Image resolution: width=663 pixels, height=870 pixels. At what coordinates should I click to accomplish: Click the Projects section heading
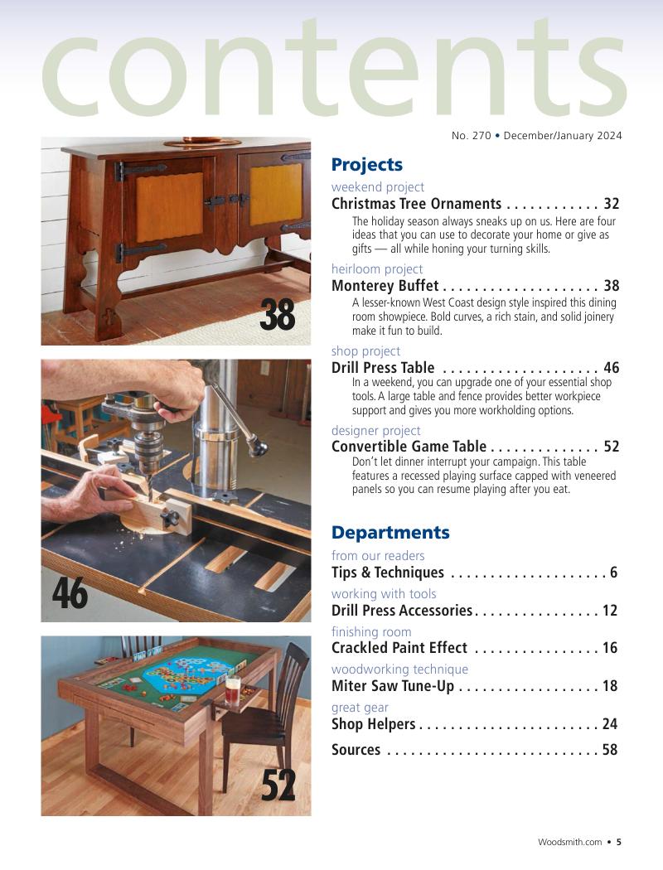click(x=366, y=164)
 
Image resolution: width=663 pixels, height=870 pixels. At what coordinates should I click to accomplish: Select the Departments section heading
click(x=390, y=532)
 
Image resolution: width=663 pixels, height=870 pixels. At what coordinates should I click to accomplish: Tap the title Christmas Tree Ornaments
click(x=416, y=204)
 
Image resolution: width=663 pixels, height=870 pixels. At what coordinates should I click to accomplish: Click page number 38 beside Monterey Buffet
click(x=612, y=286)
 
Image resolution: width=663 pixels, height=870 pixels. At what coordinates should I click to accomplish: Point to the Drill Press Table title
click(x=382, y=368)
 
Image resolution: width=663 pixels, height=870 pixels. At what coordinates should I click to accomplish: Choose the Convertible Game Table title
click(x=409, y=447)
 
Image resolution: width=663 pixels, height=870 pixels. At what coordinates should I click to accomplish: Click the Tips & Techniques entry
click(x=387, y=573)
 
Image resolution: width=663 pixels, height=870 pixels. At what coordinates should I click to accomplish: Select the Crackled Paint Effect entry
click(x=399, y=648)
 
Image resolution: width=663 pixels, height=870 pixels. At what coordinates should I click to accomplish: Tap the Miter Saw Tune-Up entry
click(x=392, y=686)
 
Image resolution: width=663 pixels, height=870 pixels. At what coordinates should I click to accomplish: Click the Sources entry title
click(x=356, y=750)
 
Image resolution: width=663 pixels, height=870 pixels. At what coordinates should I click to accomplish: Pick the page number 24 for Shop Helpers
click(x=610, y=724)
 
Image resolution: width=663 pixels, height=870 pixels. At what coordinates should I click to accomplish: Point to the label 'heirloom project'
click(x=376, y=269)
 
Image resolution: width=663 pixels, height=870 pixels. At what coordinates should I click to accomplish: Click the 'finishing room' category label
click(x=370, y=632)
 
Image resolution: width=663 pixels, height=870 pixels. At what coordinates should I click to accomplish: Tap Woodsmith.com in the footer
click(x=569, y=842)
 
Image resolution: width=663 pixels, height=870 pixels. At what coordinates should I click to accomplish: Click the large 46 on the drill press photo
click(x=70, y=593)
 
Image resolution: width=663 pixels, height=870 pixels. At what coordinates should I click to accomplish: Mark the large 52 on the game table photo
click(x=278, y=785)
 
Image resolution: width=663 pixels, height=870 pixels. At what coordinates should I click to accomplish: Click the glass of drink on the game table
click(x=232, y=690)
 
